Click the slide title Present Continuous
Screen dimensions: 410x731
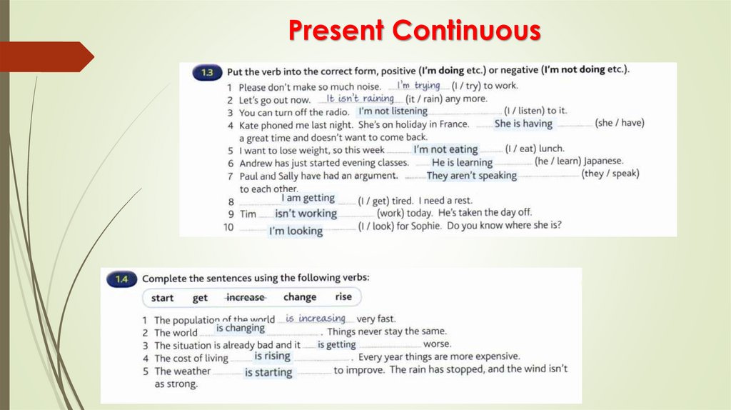pyautogui.click(x=414, y=31)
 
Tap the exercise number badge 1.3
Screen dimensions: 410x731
pyautogui.click(x=207, y=72)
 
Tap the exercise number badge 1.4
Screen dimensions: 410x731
pyautogui.click(x=121, y=279)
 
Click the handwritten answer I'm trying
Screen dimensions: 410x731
pyautogui.click(x=418, y=86)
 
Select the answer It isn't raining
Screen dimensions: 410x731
pyautogui.click(x=360, y=99)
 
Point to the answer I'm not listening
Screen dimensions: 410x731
pyautogui.click(x=393, y=111)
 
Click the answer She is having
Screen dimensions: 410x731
pyautogui.click(x=523, y=124)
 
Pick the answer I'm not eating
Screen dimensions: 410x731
pyautogui.click(x=445, y=149)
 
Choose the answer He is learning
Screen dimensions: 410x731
pyautogui.click(x=462, y=162)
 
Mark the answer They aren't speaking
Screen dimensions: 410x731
pyautogui.click(x=471, y=175)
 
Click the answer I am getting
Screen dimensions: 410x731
pyautogui.click(x=308, y=198)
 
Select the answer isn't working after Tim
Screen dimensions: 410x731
pyautogui.click(x=306, y=214)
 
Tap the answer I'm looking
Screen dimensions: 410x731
pyautogui.click(x=296, y=231)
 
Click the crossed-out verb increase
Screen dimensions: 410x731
pyautogui.click(x=245, y=298)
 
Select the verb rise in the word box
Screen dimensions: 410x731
pyautogui.click(x=343, y=297)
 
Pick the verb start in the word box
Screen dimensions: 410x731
pyautogui.click(x=162, y=298)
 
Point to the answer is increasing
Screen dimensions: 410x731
pyautogui.click(x=316, y=319)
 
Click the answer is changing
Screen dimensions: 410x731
pyautogui.click(x=241, y=328)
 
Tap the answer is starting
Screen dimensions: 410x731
pyautogui.click(x=268, y=372)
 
